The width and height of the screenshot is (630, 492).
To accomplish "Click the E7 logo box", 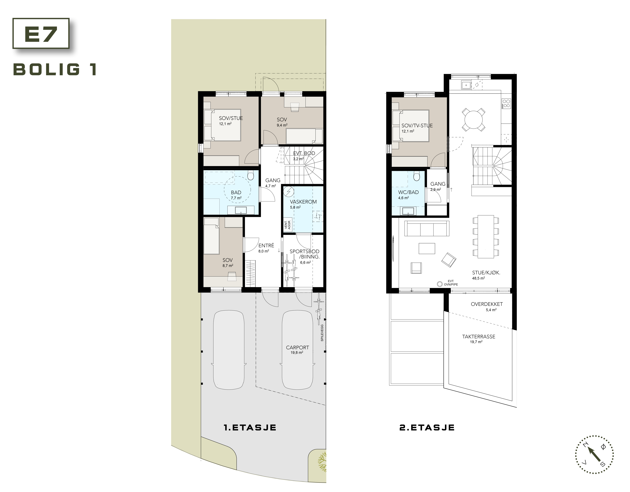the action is tap(41, 33).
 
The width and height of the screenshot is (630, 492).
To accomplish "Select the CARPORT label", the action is tap(297, 348).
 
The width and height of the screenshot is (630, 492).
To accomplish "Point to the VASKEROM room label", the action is tap(303, 202).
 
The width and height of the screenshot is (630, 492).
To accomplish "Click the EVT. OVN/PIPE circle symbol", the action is tap(440, 284).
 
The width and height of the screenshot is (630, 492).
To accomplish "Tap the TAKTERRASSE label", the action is tap(479, 337).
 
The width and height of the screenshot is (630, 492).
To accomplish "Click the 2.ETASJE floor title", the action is tap(427, 427).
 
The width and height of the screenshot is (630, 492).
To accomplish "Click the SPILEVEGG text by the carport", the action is tap(322, 333).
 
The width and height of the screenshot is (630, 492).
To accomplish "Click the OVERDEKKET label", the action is tap(487, 304).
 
